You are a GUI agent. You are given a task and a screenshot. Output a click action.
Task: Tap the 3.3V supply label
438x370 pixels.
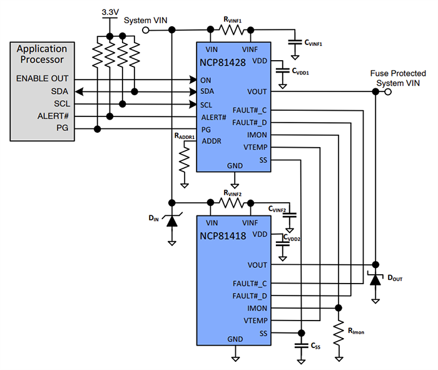[110, 12]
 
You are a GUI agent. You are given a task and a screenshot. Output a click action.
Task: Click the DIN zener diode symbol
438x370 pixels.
[171, 219]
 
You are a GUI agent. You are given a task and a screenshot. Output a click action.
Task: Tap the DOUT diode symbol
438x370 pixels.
[375, 279]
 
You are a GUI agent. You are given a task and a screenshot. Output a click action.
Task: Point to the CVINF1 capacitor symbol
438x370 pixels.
[293, 43]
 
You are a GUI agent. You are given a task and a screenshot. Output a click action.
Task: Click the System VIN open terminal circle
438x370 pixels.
[146, 29]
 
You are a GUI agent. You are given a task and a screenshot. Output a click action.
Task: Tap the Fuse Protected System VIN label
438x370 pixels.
[399, 77]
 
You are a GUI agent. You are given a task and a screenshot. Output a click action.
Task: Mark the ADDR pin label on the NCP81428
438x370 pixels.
[211, 141]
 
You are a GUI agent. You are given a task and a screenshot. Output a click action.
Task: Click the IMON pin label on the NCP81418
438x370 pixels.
[257, 308]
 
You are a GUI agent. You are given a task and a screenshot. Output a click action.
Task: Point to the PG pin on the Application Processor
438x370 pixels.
[61, 128]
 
